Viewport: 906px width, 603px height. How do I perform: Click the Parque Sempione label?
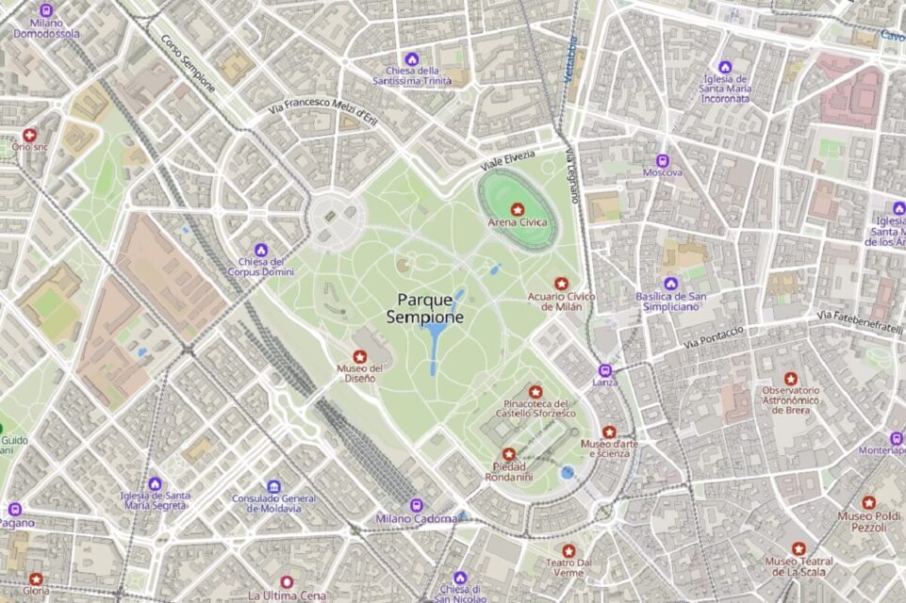pyautogui.click(x=425, y=309)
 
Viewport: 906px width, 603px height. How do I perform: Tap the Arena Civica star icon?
pyautogui.click(x=517, y=207)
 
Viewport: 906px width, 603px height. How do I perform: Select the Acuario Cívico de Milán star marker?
pyautogui.click(x=562, y=283)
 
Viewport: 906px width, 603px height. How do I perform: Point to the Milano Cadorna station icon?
pyautogui.click(x=417, y=504)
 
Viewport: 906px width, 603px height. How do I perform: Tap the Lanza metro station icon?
pyautogui.click(x=605, y=369)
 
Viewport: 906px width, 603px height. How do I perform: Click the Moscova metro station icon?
pyautogui.click(x=662, y=160)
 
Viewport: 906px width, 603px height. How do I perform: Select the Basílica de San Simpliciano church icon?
pyautogui.click(x=670, y=284)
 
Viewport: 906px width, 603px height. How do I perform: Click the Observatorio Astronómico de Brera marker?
pyautogui.click(x=791, y=378)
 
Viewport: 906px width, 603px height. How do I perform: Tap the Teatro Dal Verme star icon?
pyautogui.click(x=568, y=550)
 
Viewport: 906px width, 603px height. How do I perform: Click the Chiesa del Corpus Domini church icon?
pyautogui.click(x=261, y=250)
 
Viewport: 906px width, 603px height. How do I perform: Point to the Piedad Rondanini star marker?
pyautogui.click(x=509, y=454)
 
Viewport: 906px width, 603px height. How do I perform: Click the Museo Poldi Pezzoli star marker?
pyautogui.click(x=868, y=503)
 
